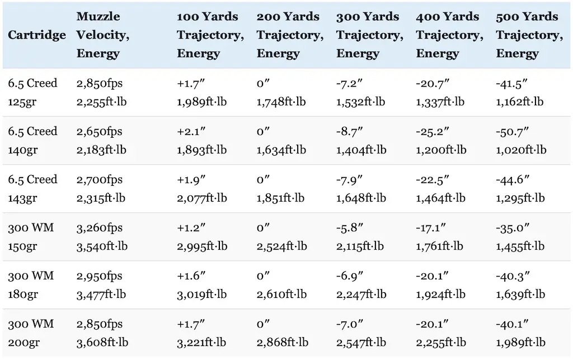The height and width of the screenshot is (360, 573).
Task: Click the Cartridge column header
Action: coord(36,35)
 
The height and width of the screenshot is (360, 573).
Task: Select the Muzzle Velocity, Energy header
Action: coord(103,35)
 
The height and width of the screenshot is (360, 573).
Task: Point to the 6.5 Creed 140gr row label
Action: coord(32,141)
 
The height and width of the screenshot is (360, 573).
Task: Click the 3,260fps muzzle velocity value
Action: coord(100,228)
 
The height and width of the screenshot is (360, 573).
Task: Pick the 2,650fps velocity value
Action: coord(100,132)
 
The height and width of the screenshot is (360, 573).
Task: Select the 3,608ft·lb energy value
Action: coord(102,342)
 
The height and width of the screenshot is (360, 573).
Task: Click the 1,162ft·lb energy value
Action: coord(520,101)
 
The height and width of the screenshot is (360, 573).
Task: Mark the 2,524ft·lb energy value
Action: coord(281,246)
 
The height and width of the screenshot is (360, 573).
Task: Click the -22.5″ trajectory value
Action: coord(431,180)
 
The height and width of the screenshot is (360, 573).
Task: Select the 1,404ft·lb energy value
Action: coord(361,149)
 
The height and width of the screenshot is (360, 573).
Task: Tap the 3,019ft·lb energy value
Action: coord(202,294)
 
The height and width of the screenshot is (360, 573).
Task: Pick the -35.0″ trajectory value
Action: coord(511,228)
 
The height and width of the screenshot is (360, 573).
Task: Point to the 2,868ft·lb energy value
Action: coord(281,342)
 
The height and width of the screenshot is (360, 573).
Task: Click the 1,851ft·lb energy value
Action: coord(281,198)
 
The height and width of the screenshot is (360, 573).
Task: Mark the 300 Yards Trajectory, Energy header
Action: coord(369,35)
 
